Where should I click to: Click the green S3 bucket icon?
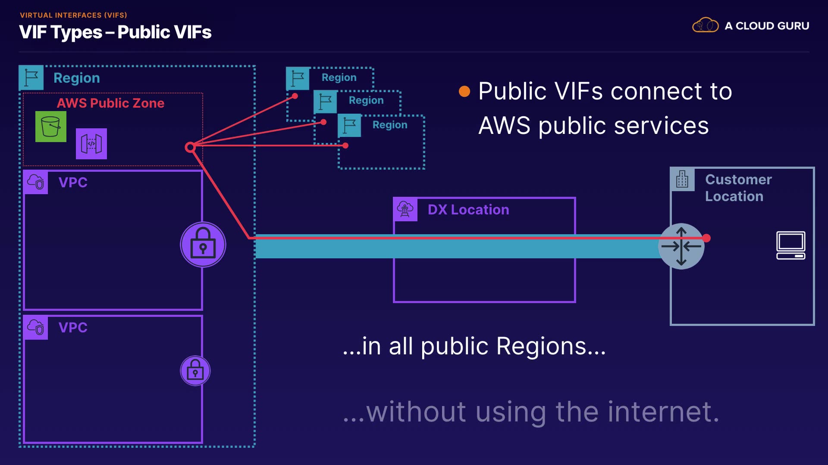point(51,127)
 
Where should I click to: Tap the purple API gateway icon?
point(91,144)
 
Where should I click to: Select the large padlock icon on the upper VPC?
point(203,245)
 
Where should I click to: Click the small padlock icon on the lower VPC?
point(195,371)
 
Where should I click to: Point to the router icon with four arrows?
point(681,246)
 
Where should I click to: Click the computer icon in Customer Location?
point(790,245)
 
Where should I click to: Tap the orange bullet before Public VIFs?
point(464,91)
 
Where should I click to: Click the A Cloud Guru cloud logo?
point(705,25)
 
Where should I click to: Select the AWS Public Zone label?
point(110,103)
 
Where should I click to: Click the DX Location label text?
point(468,210)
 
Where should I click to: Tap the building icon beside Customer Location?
point(682,179)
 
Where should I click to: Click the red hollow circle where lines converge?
point(190,148)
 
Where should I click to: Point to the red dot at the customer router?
point(706,238)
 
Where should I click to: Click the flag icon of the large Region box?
point(31,78)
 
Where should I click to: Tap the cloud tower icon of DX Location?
point(405,210)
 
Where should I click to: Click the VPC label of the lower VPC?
point(73,328)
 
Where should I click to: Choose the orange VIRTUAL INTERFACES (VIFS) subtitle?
point(73,15)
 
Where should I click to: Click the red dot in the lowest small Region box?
point(345,146)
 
